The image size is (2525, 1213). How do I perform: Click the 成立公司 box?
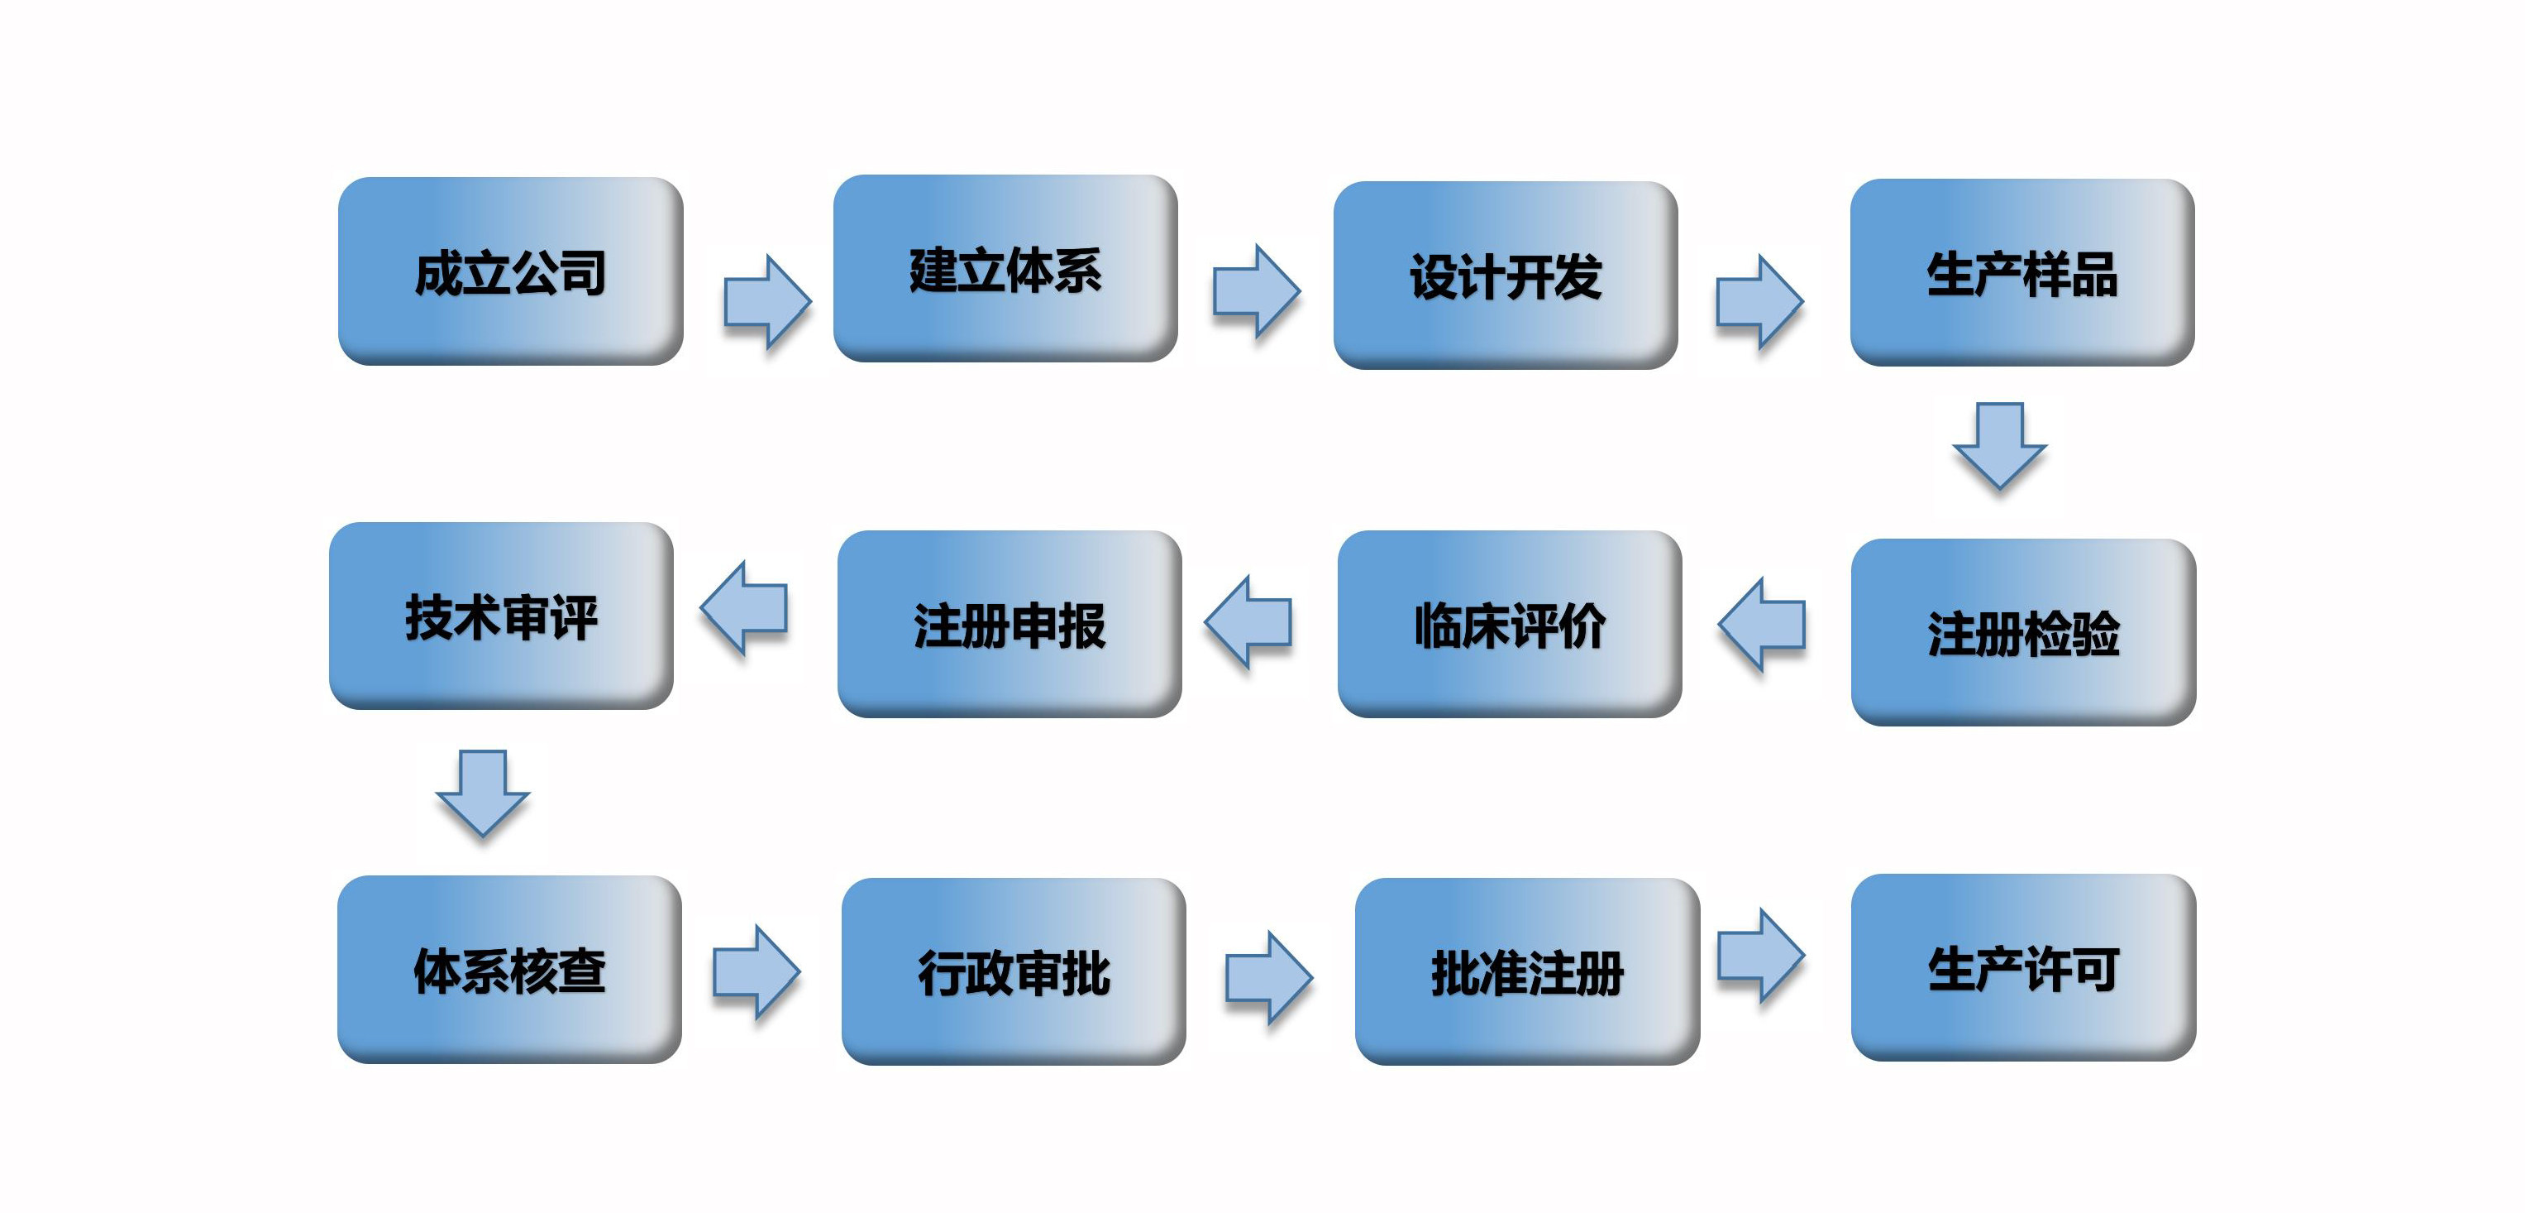coord(509,271)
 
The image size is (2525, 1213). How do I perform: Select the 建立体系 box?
coord(1005,269)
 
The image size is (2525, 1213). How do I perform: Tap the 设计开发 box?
coord(1505,276)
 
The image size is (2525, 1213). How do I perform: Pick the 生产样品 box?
coord(2021,272)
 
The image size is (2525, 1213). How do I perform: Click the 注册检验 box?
coord(2023,632)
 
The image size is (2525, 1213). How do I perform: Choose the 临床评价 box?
coord(1510,625)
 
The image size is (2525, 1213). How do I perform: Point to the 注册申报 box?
coord(1010,625)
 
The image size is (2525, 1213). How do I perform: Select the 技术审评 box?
coord(501,616)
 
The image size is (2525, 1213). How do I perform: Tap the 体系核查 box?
coord(508,970)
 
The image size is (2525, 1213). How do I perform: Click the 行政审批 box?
coord(1014,971)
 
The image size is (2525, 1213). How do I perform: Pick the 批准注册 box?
coord(1527,971)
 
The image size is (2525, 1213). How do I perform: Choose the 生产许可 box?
coord(2023,968)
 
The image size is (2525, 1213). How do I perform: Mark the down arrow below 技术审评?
coord(482,793)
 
